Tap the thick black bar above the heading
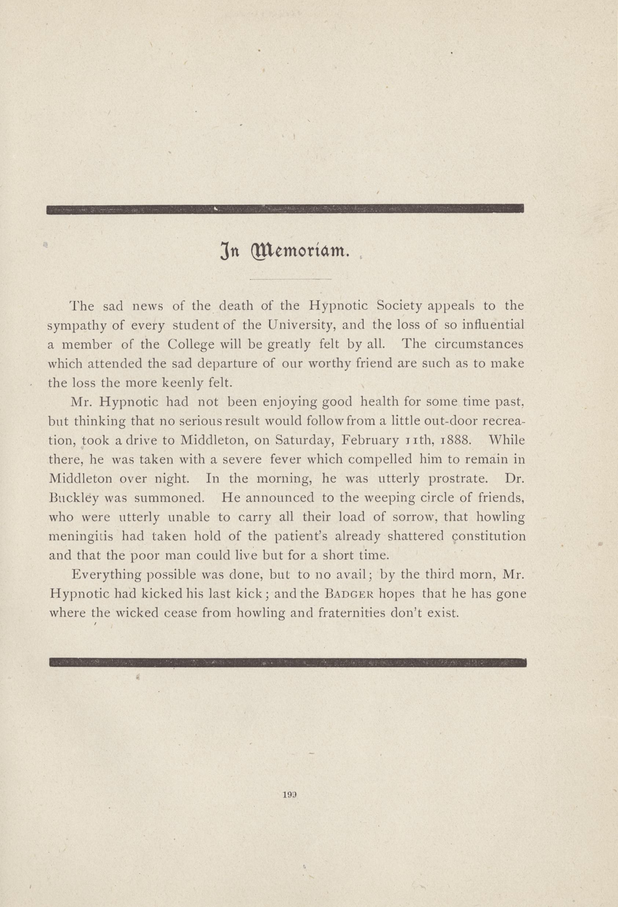click(285, 209)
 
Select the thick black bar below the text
click(288, 662)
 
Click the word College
click(191, 344)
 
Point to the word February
click(370, 440)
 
